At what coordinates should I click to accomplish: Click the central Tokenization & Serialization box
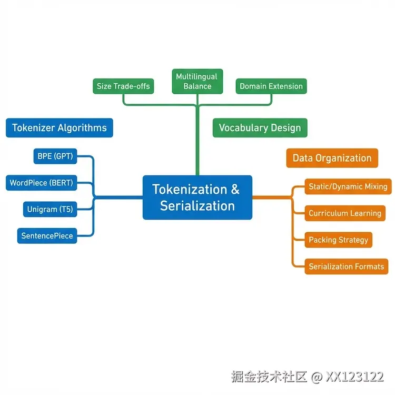point(197,197)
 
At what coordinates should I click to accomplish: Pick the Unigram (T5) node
point(50,210)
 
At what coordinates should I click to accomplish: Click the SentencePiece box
point(47,235)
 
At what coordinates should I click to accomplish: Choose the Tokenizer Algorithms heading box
point(59,127)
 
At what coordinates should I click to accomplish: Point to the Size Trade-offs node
point(123,86)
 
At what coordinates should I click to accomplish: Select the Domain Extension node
point(271,86)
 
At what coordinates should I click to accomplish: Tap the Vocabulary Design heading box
point(260,127)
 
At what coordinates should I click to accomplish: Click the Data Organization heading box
point(332,158)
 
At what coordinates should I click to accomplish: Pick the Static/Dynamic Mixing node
point(348,186)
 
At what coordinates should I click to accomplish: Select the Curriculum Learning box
point(345,213)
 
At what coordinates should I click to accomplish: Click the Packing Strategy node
point(339,240)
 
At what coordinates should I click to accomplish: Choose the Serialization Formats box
point(347,266)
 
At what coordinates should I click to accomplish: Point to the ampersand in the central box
point(235,189)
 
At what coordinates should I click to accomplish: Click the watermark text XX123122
point(354,377)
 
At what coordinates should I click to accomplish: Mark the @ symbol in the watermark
point(317,377)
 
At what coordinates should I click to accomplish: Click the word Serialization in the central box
point(197,205)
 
